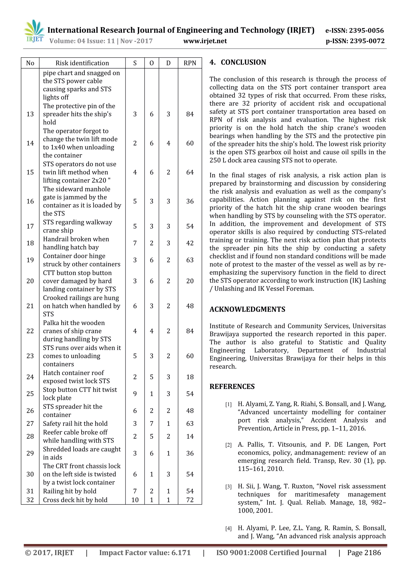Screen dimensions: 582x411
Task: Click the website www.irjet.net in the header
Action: tap(205, 41)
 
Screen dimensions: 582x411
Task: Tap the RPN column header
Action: tap(190, 63)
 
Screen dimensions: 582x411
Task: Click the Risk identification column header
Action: tap(82, 63)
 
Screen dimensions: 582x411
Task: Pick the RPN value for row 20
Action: tap(190, 281)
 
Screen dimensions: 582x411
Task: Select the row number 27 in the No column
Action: tap(30, 423)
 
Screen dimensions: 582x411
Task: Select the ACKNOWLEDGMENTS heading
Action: tap(247, 309)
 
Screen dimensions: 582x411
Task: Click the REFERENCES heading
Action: tap(232, 387)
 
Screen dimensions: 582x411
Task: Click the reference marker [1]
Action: tap(228, 405)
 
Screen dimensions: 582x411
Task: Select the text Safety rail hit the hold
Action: tap(75, 423)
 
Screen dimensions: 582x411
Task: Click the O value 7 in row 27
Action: tap(152, 423)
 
